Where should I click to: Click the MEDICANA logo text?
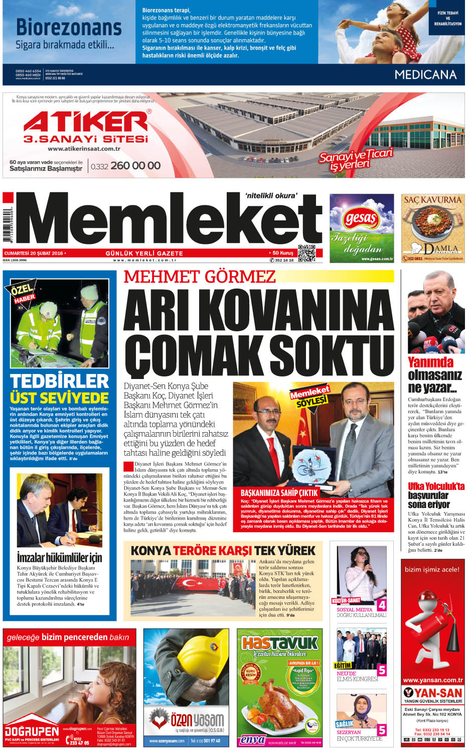pyautogui.click(x=425, y=75)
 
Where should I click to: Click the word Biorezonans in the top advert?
pyautogui.click(x=69, y=28)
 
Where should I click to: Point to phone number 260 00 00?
pyautogui.click(x=135, y=166)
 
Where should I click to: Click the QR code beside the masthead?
pyautogui.click(x=306, y=253)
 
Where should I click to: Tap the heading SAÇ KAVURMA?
pyautogui.click(x=432, y=199)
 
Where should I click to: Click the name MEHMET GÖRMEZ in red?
pyautogui.click(x=200, y=277)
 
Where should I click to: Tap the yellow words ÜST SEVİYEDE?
pyautogui.click(x=59, y=398)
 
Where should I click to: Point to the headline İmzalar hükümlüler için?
pyautogui.click(x=59, y=557)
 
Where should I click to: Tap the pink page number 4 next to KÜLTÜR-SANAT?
pyautogui.click(x=382, y=605)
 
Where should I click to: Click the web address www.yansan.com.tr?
pyautogui.click(x=432, y=680)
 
